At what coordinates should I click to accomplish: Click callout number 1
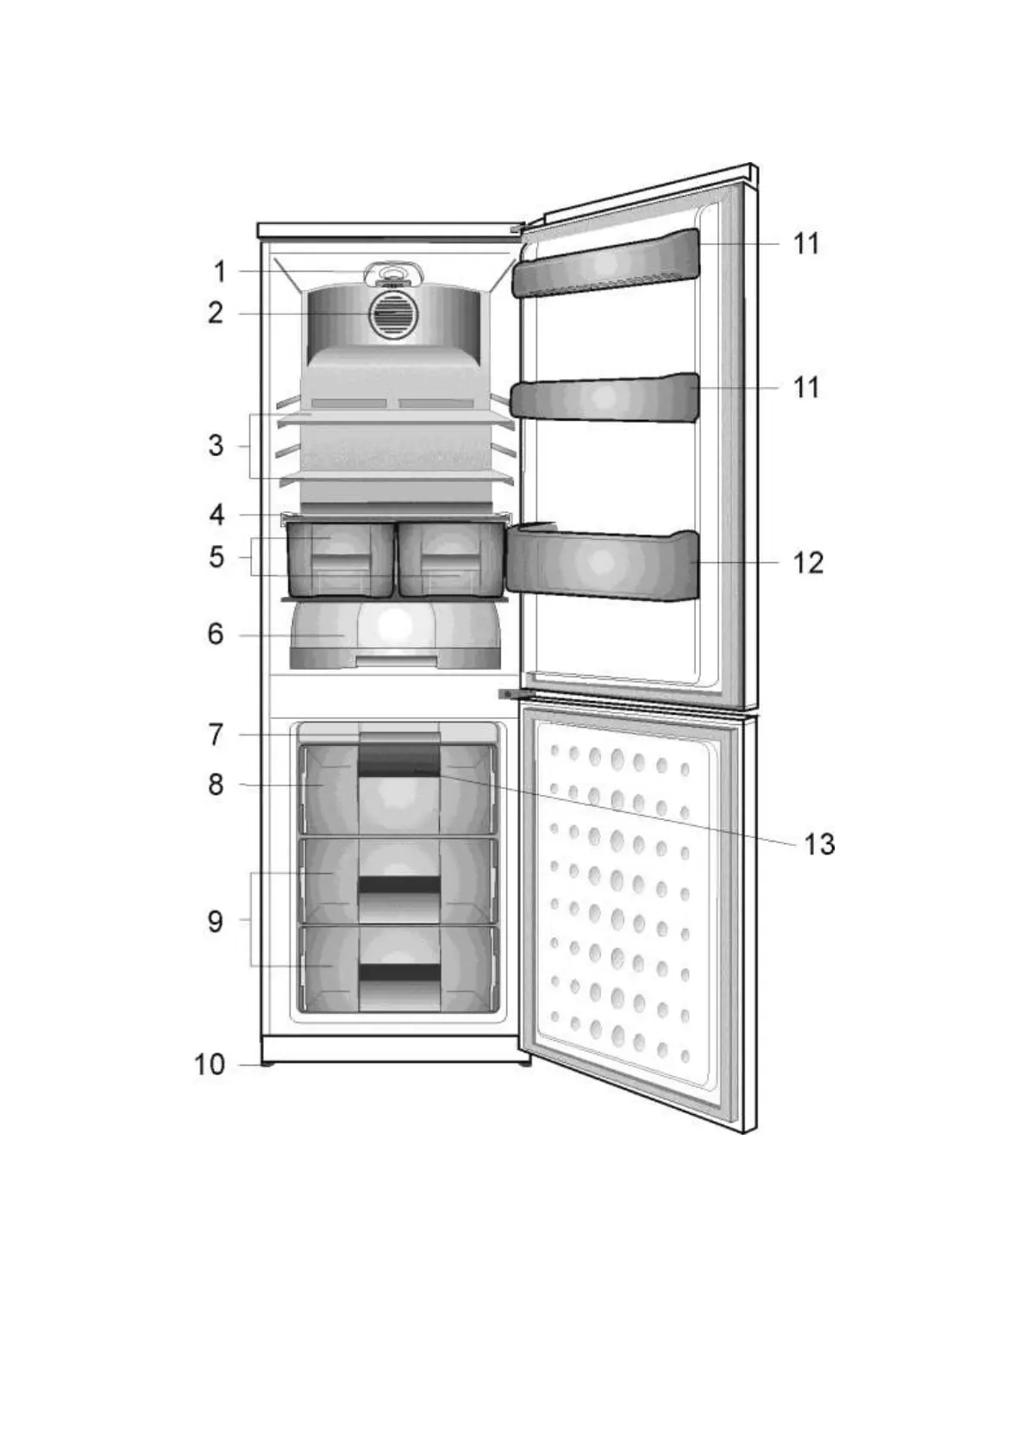pyautogui.click(x=220, y=272)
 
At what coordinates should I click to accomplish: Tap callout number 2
pyautogui.click(x=216, y=313)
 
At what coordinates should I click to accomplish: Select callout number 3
pyautogui.click(x=216, y=446)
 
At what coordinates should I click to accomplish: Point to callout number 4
pyautogui.click(x=217, y=516)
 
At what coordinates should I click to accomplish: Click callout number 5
pyautogui.click(x=216, y=557)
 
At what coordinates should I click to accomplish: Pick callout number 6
pyautogui.click(x=216, y=635)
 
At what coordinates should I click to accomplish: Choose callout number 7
pyautogui.click(x=216, y=735)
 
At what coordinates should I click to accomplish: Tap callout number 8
pyautogui.click(x=216, y=785)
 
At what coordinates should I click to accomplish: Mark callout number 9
pyautogui.click(x=216, y=921)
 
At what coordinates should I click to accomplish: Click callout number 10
pyautogui.click(x=210, y=1065)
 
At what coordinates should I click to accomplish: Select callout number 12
pyautogui.click(x=808, y=563)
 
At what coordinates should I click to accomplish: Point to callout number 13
pyautogui.click(x=819, y=844)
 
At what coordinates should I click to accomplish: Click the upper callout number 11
pyautogui.click(x=806, y=244)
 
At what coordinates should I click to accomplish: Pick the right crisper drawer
pyautogui.click(x=449, y=561)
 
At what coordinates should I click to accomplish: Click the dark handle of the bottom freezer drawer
pyautogui.click(x=399, y=973)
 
